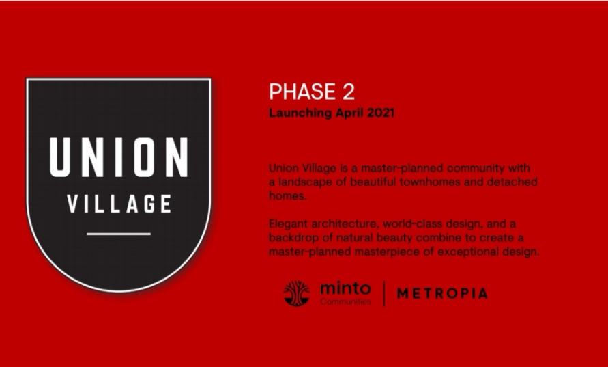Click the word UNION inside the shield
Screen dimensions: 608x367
(119, 157)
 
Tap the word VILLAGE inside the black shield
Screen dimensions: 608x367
(119, 204)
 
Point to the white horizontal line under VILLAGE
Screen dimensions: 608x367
(119, 234)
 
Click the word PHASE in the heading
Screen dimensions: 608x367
(302, 92)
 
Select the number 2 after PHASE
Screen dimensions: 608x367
(348, 92)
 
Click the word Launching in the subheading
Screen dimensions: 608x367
(300, 113)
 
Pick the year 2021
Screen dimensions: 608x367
(381, 113)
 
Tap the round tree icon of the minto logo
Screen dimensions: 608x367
(297, 293)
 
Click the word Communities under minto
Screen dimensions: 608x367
(345, 302)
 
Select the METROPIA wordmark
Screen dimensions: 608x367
(442, 293)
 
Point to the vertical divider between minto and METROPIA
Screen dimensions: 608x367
(384, 294)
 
